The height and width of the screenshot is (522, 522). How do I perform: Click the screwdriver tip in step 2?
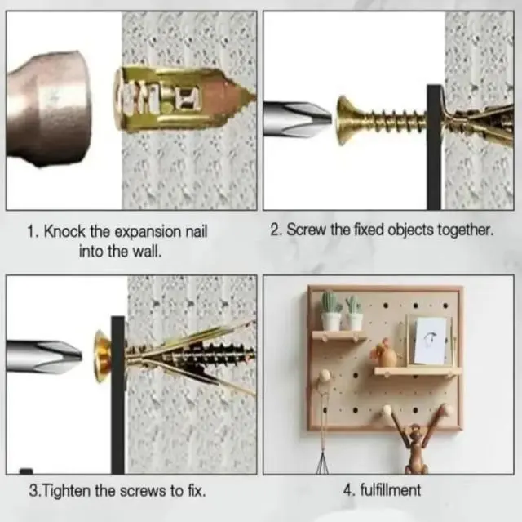click(x=297, y=118)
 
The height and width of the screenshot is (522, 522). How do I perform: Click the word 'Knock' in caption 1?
click(x=64, y=231)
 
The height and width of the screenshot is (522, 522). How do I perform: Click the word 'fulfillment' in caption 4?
click(x=390, y=490)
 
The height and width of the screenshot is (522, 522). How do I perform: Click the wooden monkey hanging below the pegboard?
click(x=417, y=439)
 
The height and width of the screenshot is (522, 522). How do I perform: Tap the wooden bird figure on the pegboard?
click(x=384, y=354)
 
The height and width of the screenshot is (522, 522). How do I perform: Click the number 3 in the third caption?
click(x=33, y=491)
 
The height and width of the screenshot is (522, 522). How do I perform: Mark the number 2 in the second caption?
click(x=275, y=230)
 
